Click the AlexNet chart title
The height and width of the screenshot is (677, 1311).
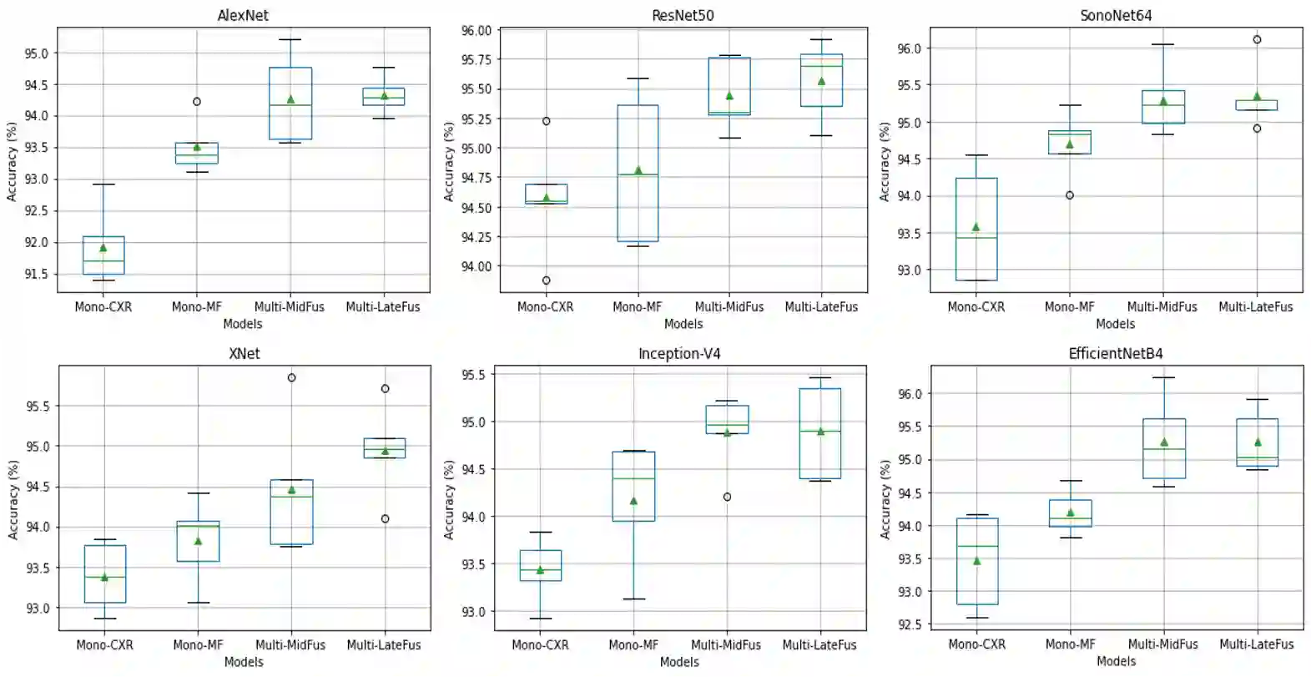tap(243, 15)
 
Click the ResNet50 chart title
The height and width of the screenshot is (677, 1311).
tap(683, 15)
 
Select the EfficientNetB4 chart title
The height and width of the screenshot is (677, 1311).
tap(1116, 353)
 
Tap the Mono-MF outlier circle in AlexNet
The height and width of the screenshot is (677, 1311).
tap(197, 102)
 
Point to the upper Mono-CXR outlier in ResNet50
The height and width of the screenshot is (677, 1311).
tap(546, 121)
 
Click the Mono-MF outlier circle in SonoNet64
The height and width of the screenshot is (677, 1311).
tap(1070, 195)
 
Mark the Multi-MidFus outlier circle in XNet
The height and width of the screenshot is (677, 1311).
tap(291, 377)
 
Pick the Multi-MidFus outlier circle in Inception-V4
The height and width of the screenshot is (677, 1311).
tap(727, 497)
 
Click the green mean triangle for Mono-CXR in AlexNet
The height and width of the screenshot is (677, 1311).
tap(103, 247)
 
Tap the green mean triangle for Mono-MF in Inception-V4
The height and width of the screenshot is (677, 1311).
tap(633, 501)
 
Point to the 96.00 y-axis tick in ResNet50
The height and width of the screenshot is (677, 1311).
tap(476, 31)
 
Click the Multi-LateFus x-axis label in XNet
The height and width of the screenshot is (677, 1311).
tap(384, 644)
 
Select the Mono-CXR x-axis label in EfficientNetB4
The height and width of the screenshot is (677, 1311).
tap(976, 644)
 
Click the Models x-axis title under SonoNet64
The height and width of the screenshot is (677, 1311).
tap(1116, 324)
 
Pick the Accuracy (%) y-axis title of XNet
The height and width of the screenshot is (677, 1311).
tap(13, 499)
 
